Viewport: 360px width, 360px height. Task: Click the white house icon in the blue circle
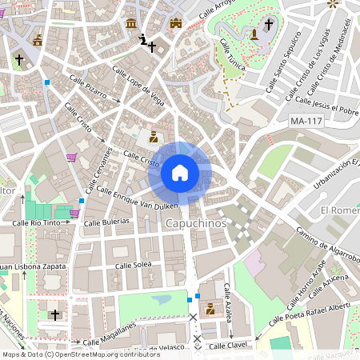coord(180,173)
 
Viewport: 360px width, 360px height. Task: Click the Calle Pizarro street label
coord(88,87)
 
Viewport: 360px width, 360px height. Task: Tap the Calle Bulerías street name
coord(110,220)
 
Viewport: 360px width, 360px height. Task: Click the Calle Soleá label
coord(133,264)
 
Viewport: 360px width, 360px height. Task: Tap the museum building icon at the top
coord(131,22)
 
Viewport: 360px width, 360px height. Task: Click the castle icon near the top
coord(176,23)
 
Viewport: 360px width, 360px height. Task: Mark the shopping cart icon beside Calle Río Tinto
coord(74,214)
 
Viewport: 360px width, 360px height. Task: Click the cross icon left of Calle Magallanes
coord(55,315)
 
